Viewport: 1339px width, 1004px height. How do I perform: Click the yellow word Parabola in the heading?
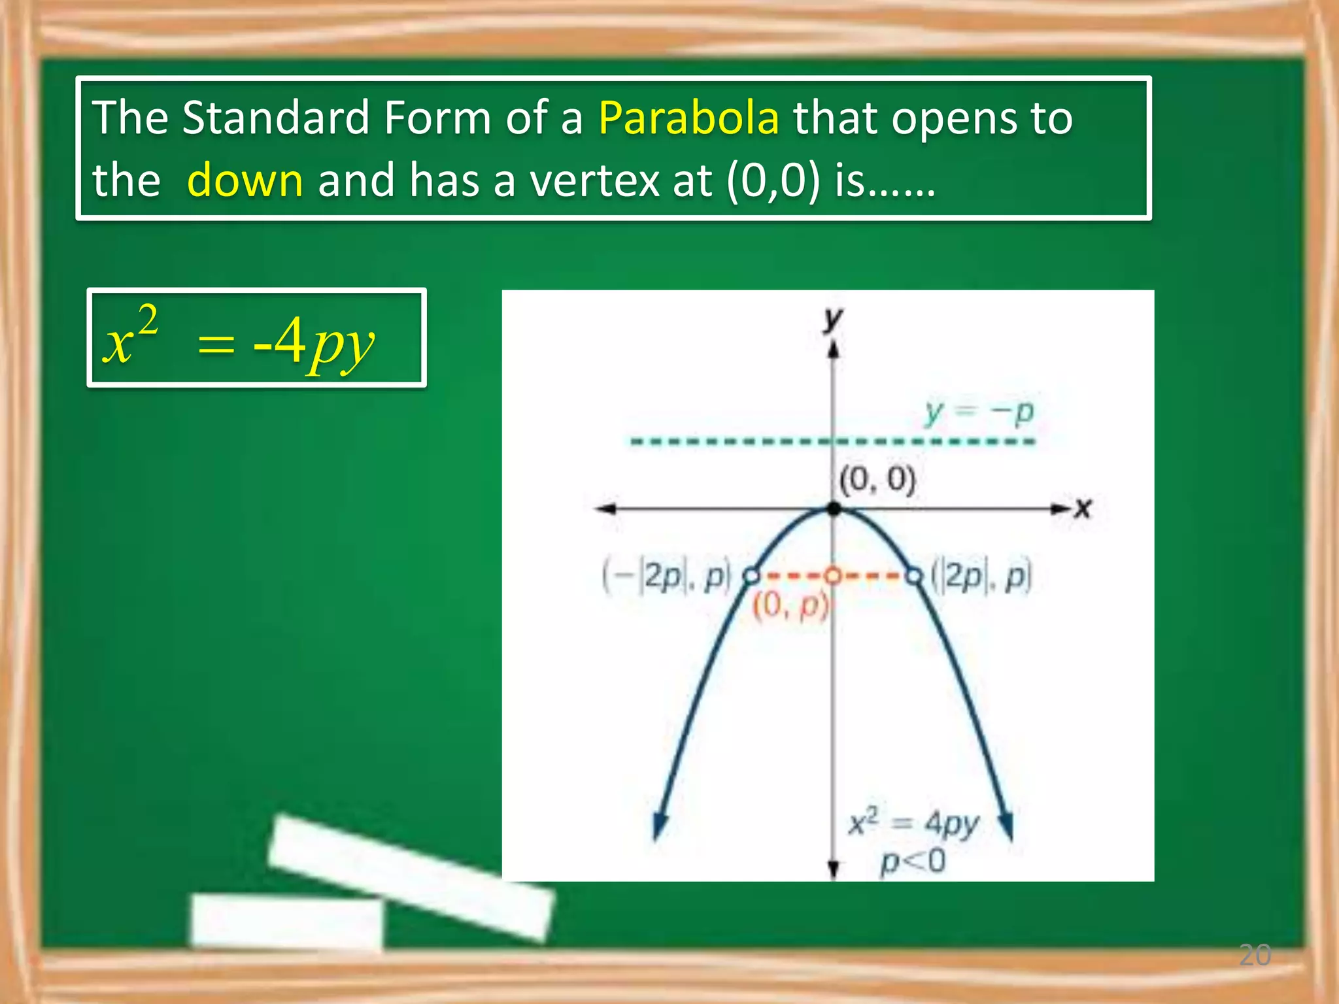click(x=688, y=118)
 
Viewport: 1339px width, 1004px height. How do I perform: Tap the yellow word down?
click(x=245, y=180)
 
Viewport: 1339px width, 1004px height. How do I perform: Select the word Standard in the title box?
click(x=276, y=118)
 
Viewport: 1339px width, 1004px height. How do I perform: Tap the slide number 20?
click(x=1254, y=955)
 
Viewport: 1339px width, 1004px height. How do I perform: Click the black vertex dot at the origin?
click(x=834, y=509)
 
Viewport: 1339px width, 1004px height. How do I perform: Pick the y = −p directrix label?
click(x=979, y=412)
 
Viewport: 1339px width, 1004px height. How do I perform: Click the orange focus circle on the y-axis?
click(x=832, y=576)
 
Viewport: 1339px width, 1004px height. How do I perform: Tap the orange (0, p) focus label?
click(x=790, y=605)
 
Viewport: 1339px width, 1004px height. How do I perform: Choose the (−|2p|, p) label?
click(x=666, y=577)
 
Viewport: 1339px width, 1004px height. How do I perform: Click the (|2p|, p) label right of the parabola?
click(x=981, y=576)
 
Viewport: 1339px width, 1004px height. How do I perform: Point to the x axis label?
click(x=1083, y=508)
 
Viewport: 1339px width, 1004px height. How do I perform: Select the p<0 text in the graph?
click(x=913, y=862)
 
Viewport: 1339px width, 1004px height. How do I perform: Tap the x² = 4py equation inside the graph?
click(x=913, y=824)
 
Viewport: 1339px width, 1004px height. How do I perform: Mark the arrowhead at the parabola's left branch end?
click(x=660, y=826)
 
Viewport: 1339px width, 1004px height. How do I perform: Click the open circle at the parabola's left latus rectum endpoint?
click(x=752, y=576)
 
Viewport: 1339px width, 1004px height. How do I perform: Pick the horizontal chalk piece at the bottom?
click(x=286, y=920)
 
